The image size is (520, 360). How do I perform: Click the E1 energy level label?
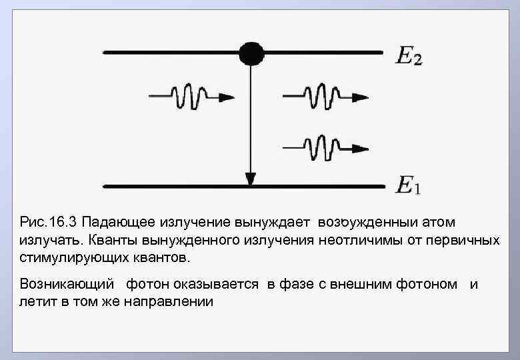(409, 185)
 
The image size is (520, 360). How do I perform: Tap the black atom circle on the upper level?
(251, 53)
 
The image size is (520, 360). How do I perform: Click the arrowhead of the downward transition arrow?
(251, 179)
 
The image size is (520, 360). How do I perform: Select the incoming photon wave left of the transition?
(191, 97)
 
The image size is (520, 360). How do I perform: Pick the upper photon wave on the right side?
(325, 97)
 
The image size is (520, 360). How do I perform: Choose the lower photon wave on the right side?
(325, 147)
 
